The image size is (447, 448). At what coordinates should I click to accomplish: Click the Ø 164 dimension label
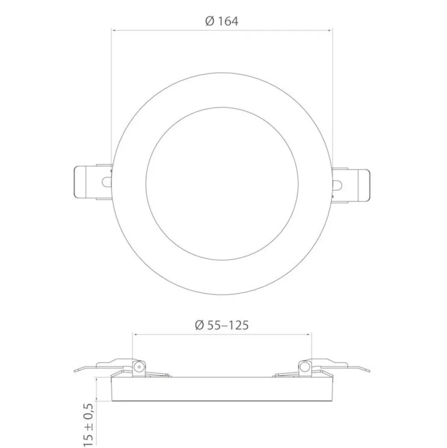pyautogui.click(x=222, y=21)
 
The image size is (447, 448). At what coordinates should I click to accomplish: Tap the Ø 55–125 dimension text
pyautogui.click(x=222, y=325)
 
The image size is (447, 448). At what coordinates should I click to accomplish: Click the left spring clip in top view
pyautogui.click(x=93, y=182)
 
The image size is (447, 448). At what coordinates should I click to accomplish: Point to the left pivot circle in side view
pyautogui.click(x=139, y=367)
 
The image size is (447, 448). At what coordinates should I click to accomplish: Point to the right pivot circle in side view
pyautogui.click(x=305, y=367)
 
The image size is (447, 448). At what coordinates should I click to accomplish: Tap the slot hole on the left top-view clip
pyautogui.click(x=106, y=182)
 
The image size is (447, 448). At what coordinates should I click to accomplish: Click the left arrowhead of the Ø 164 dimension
pyautogui.click(x=113, y=30)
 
